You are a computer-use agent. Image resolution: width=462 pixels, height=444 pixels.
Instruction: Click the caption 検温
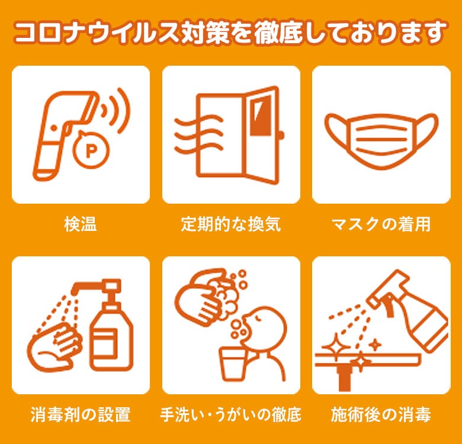(x=81, y=224)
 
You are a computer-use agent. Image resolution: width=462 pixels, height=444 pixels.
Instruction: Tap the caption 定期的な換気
(x=231, y=224)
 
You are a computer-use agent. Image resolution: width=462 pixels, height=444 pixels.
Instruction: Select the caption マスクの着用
(x=381, y=224)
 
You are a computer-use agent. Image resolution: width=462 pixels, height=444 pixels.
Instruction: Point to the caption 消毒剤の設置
(x=81, y=414)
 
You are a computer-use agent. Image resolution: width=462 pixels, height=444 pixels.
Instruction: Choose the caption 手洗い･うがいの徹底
(x=231, y=414)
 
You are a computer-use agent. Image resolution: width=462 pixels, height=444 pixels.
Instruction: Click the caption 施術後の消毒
(x=381, y=414)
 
